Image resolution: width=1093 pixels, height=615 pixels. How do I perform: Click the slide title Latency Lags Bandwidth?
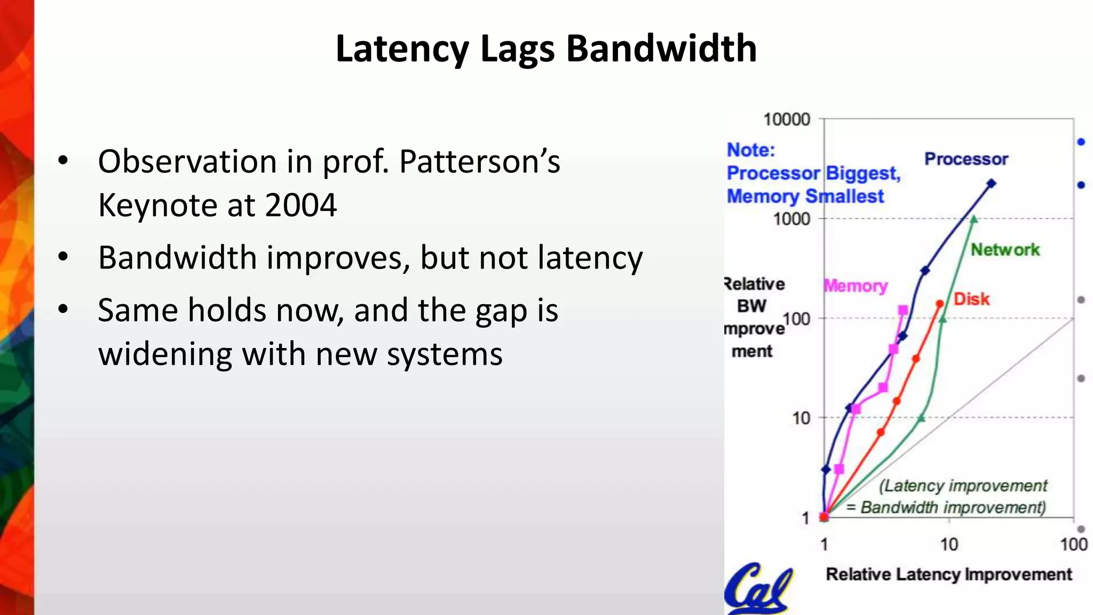click(546, 49)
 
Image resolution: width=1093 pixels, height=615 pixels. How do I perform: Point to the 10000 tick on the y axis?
click(787, 119)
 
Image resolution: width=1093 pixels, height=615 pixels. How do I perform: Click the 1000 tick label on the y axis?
click(791, 219)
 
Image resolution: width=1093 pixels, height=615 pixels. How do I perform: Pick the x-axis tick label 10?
click(949, 545)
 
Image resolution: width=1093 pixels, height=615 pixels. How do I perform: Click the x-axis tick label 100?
click(1073, 545)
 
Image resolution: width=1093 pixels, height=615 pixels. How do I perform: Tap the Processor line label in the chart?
click(966, 159)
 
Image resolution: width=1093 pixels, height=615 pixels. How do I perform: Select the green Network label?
click(1005, 249)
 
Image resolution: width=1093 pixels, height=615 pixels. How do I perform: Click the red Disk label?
click(971, 299)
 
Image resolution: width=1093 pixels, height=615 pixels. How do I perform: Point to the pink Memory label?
click(856, 286)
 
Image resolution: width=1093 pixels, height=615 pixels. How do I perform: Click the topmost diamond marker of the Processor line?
click(991, 184)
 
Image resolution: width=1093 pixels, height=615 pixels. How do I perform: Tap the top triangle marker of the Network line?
click(973, 219)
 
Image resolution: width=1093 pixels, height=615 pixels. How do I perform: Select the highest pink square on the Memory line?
click(903, 310)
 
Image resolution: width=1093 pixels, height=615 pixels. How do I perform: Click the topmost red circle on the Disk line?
click(940, 304)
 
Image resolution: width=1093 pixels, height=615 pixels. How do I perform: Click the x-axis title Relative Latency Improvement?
click(948, 574)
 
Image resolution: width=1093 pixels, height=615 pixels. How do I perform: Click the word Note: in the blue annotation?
click(750, 150)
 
